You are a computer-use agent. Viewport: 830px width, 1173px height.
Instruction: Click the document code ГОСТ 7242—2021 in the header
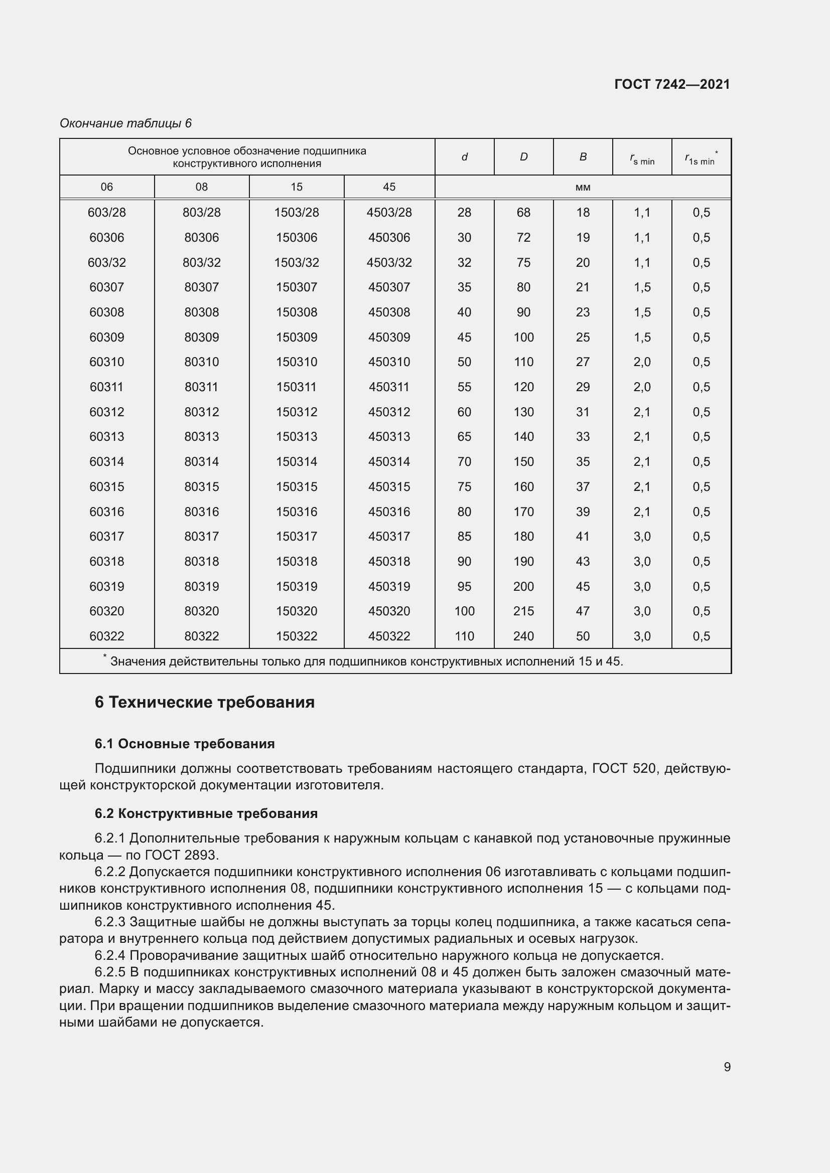click(671, 84)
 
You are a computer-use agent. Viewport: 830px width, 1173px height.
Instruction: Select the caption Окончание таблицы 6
click(125, 123)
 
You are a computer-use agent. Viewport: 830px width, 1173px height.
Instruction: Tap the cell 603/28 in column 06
click(106, 213)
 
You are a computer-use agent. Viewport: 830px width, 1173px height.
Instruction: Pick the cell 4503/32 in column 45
click(389, 263)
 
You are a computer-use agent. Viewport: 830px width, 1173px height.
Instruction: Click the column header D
click(523, 157)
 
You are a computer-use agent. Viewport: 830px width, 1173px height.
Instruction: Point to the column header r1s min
click(701, 159)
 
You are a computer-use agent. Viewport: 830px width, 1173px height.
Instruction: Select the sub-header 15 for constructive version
click(297, 187)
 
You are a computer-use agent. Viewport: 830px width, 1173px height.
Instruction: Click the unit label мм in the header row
click(583, 187)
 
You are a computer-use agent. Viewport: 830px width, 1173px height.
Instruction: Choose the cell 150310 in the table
click(297, 362)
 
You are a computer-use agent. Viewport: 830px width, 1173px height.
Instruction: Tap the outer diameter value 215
click(523, 611)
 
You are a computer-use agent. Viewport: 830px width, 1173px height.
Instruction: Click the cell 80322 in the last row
click(201, 636)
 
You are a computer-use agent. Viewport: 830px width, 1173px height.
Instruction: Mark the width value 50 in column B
click(583, 636)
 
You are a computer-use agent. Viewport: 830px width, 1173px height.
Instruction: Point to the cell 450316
click(389, 512)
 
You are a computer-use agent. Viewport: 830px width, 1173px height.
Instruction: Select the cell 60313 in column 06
click(106, 437)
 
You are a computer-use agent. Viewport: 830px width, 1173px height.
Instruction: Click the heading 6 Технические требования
click(204, 703)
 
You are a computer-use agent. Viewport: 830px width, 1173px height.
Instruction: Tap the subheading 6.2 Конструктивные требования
click(206, 813)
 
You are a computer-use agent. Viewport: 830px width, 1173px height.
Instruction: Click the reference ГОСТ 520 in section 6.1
click(624, 769)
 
